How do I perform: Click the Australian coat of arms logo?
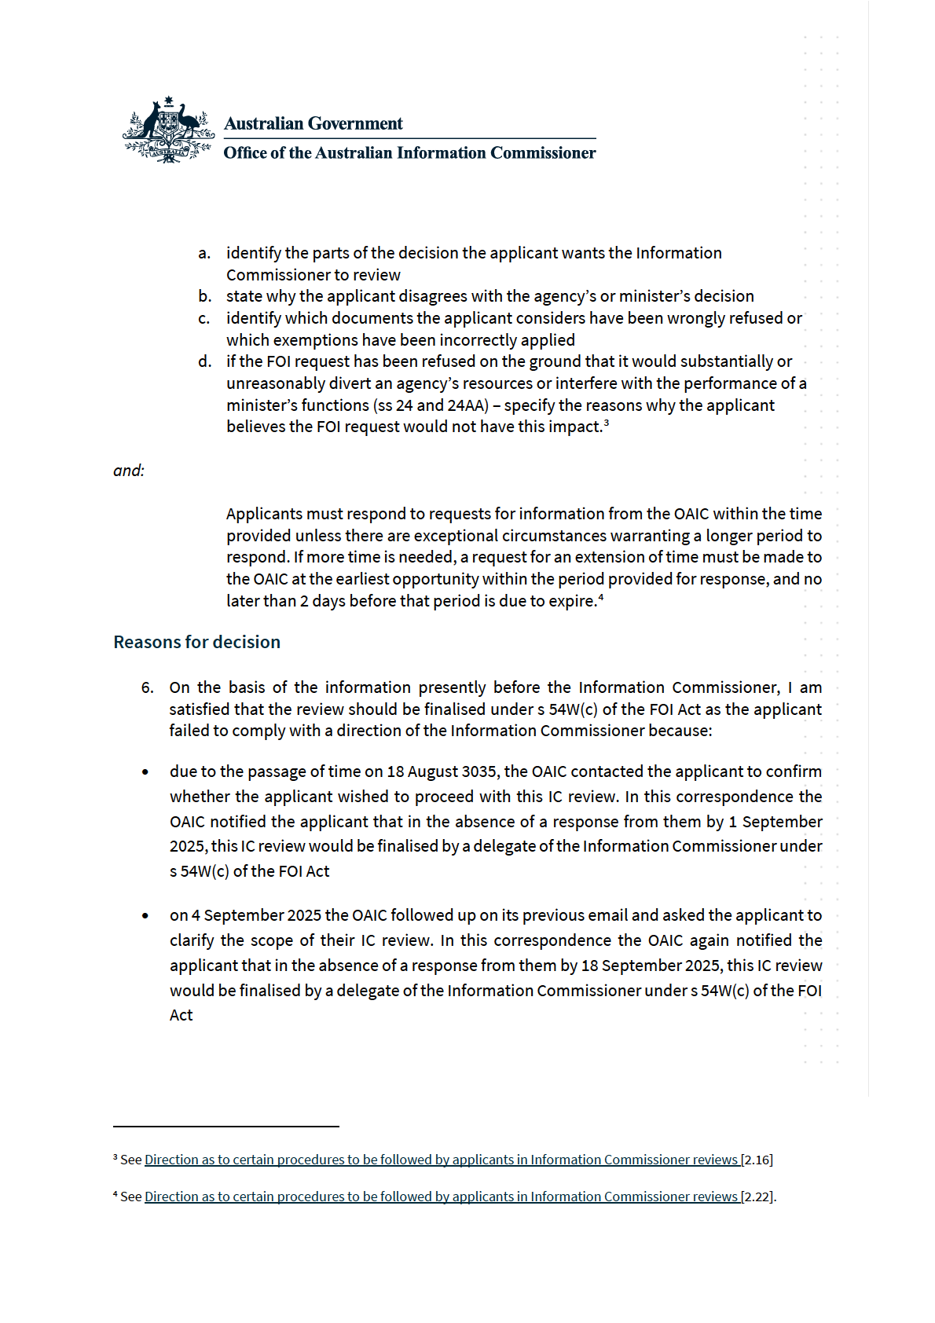coord(168,130)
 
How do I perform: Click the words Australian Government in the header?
coord(313,124)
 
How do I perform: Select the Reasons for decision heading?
coord(196,642)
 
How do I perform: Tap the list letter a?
coord(204,253)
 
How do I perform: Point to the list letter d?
coord(204,361)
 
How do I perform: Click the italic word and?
coord(129,471)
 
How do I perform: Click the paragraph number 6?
coord(148,687)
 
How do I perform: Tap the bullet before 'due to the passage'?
coord(145,772)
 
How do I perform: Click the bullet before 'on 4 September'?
coord(145,916)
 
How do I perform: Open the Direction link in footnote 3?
coord(442,1160)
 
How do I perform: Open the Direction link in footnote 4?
coord(442,1197)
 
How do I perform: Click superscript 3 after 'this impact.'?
coord(607,423)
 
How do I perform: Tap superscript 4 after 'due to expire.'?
coord(601,598)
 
